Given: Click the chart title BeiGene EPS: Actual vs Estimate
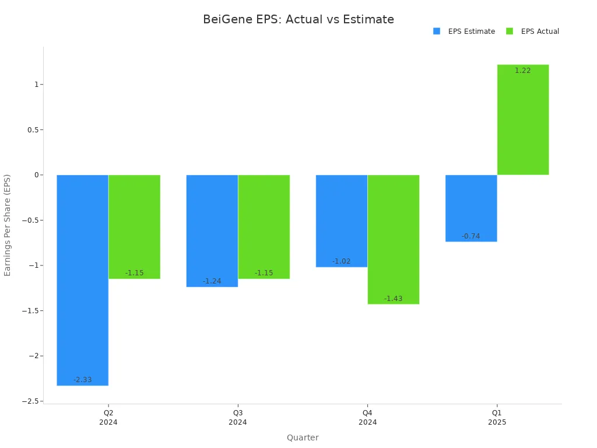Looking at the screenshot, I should (298, 20).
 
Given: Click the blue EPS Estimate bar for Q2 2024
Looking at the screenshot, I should (83, 280).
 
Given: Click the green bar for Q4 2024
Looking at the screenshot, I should (393, 239).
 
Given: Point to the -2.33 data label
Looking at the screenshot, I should (83, 380).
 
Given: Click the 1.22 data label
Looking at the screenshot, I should (522, 71).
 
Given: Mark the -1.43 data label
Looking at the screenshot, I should (393, 299).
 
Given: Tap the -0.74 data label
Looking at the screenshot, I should (471, 236).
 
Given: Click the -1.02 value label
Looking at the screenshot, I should (342, 261).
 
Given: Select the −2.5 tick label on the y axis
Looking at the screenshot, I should (30, 401).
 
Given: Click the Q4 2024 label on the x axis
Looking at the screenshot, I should (367, 418).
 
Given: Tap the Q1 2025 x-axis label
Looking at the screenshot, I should (497, 418).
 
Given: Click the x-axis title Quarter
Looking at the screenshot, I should (303, 437).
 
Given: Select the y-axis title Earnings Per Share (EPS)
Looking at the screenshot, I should (8, 225).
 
